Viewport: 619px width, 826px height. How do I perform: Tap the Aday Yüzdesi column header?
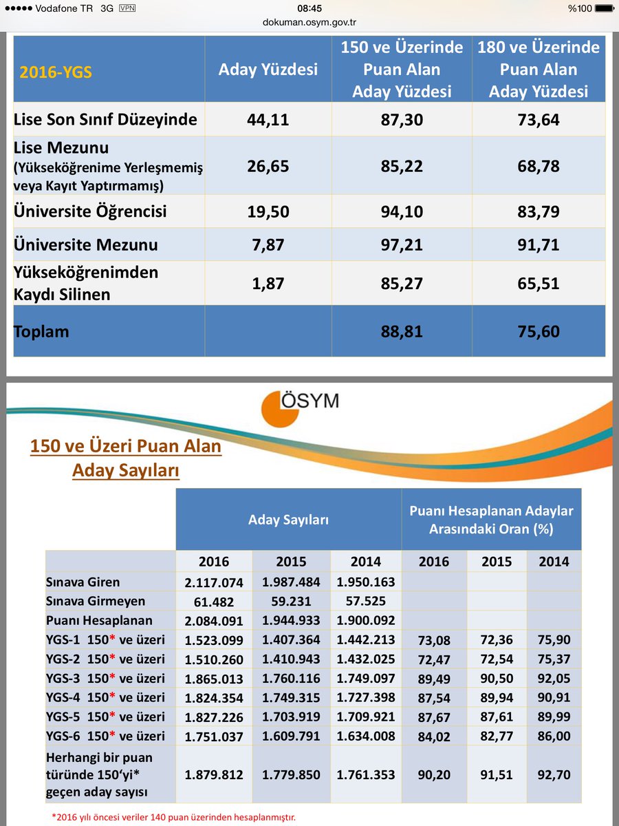click(268, 70)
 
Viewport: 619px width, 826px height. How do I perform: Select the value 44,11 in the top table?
click(268, 120)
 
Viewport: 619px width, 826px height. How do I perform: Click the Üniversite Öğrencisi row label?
click(90, 211)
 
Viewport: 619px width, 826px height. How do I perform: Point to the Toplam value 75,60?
click(539, 331)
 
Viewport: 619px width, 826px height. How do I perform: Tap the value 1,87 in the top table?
click(268, 283)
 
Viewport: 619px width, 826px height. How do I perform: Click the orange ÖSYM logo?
click(279, 409)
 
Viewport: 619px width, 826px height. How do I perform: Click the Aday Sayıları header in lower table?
click(288, 520)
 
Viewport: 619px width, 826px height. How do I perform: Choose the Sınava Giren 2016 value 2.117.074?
click(214, 582)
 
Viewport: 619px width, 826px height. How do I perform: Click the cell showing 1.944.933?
click(292, 620)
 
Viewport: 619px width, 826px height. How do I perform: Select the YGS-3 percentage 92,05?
click(554, 679)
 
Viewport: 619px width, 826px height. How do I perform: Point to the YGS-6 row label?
click(106, 736)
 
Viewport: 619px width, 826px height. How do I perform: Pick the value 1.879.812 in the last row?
click(214, 774)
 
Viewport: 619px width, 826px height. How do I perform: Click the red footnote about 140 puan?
click(174, 818)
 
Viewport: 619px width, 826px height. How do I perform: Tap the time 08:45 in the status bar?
click(309, 8)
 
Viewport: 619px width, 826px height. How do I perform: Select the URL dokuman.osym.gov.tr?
click(309, 21)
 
